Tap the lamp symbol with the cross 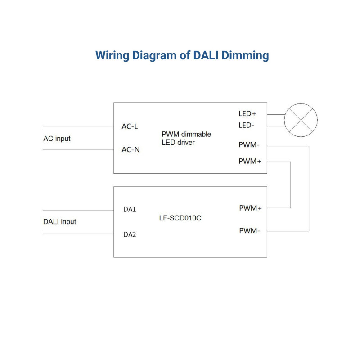tap(302, 120)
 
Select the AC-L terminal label tap(130, 126)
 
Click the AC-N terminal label tap(130, 150)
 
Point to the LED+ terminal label tap(247, 114)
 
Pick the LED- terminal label tap(246, 125)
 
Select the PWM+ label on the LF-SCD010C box tap(251, 208)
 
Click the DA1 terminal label tap(130, 210)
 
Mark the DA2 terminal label tap(130, 234)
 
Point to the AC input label tap(57, 139)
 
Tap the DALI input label tap(59, 222)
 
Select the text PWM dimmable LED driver tap(186, 138)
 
